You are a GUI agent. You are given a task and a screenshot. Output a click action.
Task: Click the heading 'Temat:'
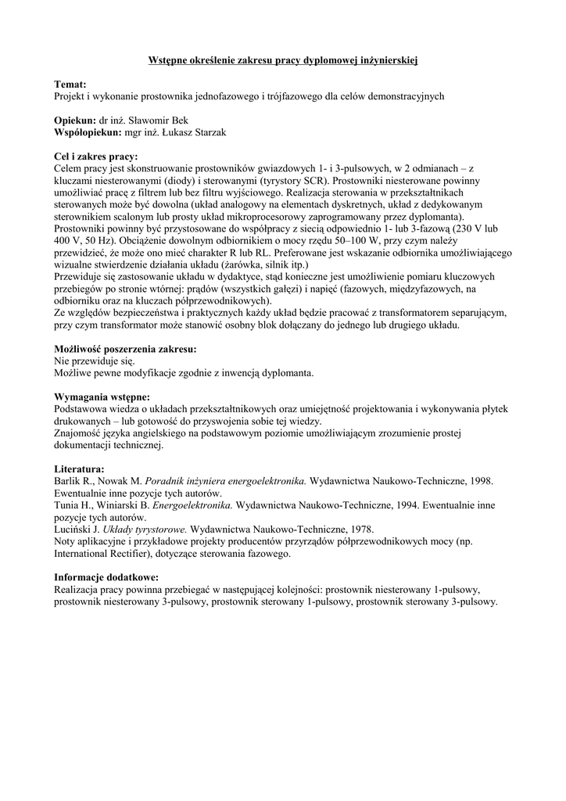pos(70,84)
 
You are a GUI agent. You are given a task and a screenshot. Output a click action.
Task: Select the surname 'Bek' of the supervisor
pos(179,121)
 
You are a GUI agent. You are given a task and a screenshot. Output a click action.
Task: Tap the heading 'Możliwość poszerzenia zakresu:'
pos(125,349)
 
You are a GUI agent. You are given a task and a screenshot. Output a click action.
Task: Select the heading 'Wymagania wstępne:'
pos(102,397)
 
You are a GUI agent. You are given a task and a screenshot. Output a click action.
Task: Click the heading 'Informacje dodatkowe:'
pos(106,578)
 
